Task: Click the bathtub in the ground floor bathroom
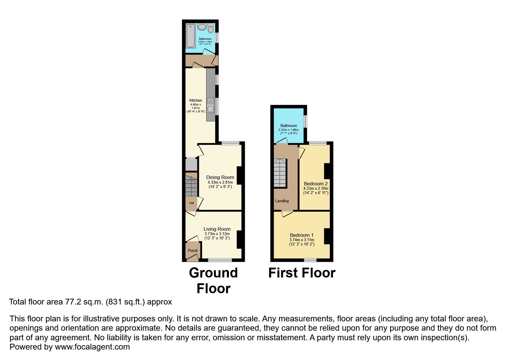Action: (191, 36)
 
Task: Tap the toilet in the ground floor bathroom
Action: (211, 28)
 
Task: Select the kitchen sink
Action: (210, 106)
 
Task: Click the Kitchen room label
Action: (196, 100)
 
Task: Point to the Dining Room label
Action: (220, 177)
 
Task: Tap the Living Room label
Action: (217, 229)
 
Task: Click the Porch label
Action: (193, 250)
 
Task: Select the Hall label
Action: (191, 203)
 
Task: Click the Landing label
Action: (282, 201)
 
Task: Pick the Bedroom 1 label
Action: (302, 235)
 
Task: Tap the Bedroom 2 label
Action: (316, 184)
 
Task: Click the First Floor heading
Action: (302, 273)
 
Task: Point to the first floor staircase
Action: (280, 173)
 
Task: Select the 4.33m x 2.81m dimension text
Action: (220, 182)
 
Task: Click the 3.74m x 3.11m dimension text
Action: (302, 240)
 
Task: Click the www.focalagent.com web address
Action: (92, 347)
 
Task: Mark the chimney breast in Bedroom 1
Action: (327, 236)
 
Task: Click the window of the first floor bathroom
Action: (305, 121)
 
